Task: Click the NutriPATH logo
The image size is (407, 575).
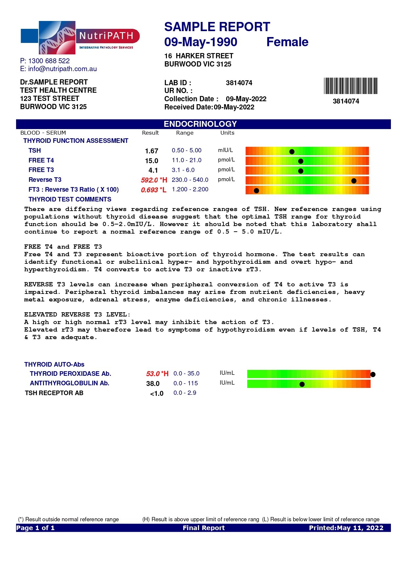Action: click(x=80, y=38)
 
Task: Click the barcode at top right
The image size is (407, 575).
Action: click(x=350, y=86)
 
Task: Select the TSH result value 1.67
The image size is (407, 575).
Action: click(x=152, y=151)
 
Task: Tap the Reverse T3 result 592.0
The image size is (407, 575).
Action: click(x=149, y=180)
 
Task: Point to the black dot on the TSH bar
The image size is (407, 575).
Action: click(x=292, y=151)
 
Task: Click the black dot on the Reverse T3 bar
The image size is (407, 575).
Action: click(x=354, y=181)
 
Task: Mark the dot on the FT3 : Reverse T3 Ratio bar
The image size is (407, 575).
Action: click(x=256, y=191)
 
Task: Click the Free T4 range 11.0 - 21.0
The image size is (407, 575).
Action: click(x=187, y=160)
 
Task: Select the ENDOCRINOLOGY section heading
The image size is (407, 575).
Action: click(x=200, y=124)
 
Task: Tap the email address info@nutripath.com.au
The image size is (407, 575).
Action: click(x=62, y=69)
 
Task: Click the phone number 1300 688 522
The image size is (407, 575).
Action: click(x=49, y=61)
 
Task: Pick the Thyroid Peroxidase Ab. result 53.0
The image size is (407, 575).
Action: click(x=153, y=374)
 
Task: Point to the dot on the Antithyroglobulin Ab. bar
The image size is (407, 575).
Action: click(x=302, y=384)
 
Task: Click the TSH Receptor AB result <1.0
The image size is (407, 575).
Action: click(x=157, y=393)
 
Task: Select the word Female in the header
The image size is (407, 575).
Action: click(x=287, y=42)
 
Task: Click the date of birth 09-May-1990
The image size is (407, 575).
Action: click(x=201, y=42)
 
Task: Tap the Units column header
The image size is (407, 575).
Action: click(x=227, y=133)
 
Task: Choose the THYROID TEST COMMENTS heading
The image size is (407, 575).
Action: click(x=70, y=199)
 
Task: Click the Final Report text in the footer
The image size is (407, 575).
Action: click(x=204, y=528)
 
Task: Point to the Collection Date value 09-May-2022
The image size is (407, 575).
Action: click(x=246, y=99)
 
